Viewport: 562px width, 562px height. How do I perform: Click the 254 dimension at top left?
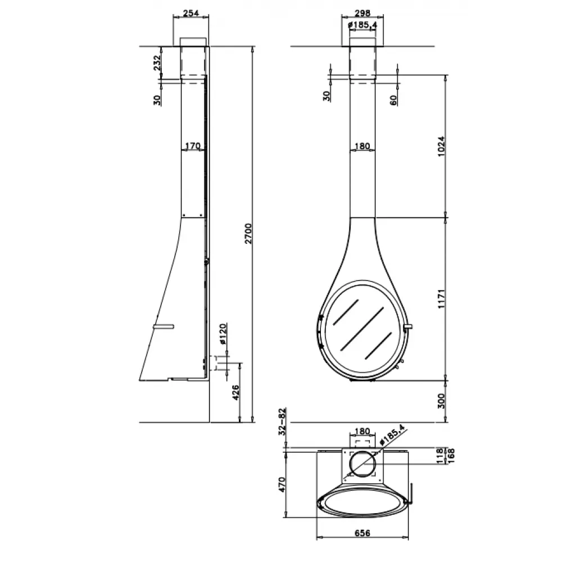coord(191,13)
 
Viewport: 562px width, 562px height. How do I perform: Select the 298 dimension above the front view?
coord(362,13)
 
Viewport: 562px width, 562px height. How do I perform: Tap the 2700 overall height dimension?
coord(248,234)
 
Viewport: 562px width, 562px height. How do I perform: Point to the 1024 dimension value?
coord(441,146)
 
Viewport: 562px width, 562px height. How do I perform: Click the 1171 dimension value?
coord(441,298)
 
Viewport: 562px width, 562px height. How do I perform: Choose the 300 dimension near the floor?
coord(441,401)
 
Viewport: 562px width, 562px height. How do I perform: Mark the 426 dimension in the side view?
coord(235,393)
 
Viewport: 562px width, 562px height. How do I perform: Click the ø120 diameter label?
coord(223,334)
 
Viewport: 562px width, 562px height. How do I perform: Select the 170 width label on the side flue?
coord(192,146)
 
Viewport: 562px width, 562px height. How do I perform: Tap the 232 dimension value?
coord(157,63)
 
